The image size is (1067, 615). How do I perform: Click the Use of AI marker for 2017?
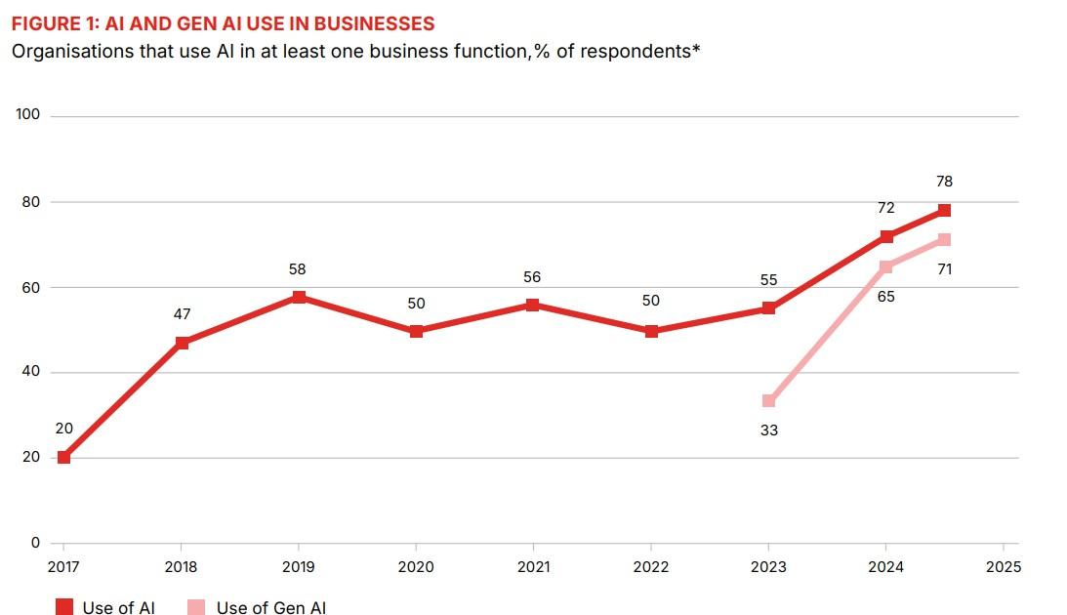pyautogui.click(x=64, y=457)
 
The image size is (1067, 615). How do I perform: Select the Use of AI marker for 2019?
pyautogui.click(x=299, y=296)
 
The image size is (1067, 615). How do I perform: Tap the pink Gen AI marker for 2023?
pyautogui.click(x=768, y=400)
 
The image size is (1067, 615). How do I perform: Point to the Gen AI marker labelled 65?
pyautogui.click(x=885, y=266)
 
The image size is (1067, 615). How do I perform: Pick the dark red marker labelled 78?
pyautogui.click(x=944, y=210)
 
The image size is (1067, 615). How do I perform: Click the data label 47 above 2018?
pyautogui.click(x=182, y=314)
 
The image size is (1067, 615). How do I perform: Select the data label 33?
pyautogui.click(x=768, y=430)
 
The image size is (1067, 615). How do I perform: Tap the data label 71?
pyautogui.click(x=944, y=269)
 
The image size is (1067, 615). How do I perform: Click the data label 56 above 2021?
pyautogui.click(x=532, y=278)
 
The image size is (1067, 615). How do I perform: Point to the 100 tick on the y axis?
pyautogui.click(x=28, y=115)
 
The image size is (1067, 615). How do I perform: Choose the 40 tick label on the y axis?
pyautogui.click(x=32, y=372)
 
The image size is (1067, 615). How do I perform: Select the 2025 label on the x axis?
pyautogui.click(x=1003, y=567)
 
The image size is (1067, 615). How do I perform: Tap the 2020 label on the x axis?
pyautogui.click(x=416, y=567)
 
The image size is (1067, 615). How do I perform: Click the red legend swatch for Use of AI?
pyautogui.click(x=64, y=607)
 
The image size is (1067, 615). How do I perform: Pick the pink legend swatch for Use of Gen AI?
pyautogui.click(x=197, y=607)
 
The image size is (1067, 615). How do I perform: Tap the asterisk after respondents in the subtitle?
pyautogui.click(x=696, y=49)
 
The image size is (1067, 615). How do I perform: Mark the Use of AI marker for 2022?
pyautogui.click(x=651, y=331)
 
